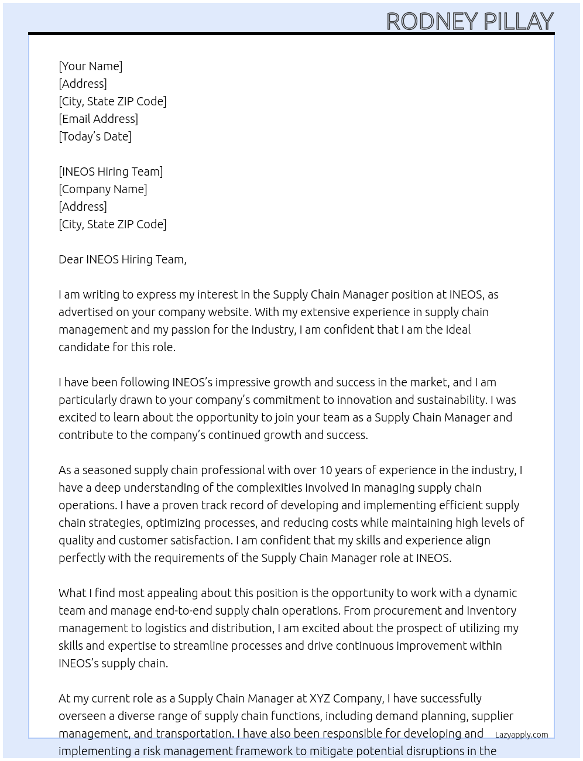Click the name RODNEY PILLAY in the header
(x=469, y=22)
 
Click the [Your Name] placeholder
(x=90, y=66)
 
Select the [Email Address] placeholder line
(x=98, y=119)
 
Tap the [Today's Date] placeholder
(x=95, y=136)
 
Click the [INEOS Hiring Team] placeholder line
(x=111, y=172)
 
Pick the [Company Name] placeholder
(x=102, y=189)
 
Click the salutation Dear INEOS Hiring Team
(x=122, y=259)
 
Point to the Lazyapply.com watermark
(x=521, y=735)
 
